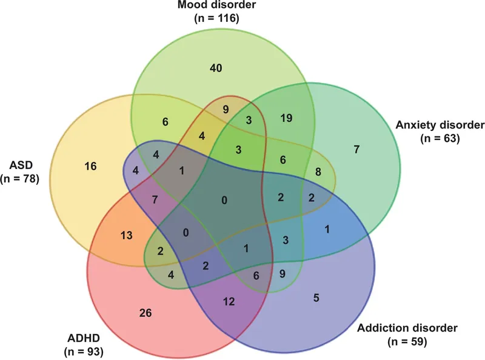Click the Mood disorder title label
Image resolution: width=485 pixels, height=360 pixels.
point(217,6)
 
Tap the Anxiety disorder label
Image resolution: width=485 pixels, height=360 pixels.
point(440,125)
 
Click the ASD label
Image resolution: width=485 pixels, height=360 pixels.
point(19,165)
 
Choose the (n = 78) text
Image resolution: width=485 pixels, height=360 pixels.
point(19,178)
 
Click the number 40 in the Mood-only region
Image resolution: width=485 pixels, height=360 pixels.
point(216,67)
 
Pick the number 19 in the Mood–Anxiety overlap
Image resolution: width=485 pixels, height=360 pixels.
point(287,118)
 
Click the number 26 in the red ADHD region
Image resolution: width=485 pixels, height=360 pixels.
point(145,313)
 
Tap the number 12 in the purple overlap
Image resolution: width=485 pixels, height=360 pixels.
point(228,301)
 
